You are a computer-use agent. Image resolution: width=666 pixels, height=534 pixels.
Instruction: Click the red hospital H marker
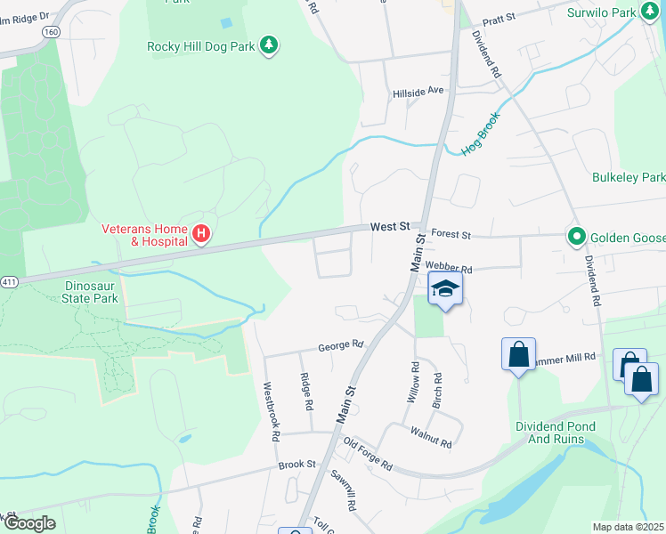(201, 234)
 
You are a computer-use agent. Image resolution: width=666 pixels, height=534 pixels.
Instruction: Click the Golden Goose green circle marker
(576, 236)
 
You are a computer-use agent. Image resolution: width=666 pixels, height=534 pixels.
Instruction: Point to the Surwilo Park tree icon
(649, 12)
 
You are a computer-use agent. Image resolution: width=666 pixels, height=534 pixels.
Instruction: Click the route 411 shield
(8, 281)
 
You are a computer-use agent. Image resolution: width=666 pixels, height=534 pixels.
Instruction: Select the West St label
(390, 227)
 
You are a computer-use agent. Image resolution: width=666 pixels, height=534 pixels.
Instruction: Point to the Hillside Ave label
(418, 91)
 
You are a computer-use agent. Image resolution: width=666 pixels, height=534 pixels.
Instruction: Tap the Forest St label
(450, 235)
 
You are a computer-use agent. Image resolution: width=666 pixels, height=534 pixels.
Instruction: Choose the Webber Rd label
(448, 267)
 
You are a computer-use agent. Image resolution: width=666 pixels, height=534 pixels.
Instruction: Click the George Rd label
(342, 344)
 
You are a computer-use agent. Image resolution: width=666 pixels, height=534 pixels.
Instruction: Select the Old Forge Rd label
(368, 453)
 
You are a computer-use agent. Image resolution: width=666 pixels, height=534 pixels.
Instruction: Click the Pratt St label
(499, 20)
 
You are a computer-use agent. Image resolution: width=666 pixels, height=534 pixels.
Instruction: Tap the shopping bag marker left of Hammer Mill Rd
(518, 354)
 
